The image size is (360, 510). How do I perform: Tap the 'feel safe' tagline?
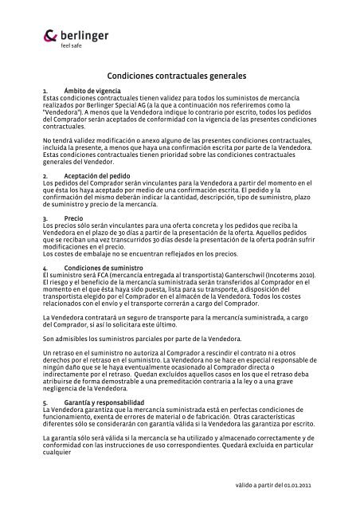(x=72, y=45)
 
